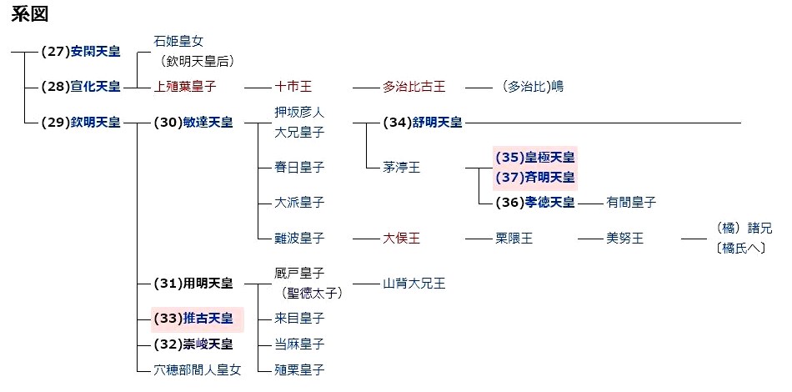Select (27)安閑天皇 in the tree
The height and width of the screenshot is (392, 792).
point(80,51)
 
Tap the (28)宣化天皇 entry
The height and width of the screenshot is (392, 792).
point(80,86)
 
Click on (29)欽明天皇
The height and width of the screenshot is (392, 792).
point(80,123)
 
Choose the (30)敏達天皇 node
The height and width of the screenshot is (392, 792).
point(193,123)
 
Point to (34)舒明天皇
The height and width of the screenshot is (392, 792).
point(423,123)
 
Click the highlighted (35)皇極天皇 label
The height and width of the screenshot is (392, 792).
point(535,157)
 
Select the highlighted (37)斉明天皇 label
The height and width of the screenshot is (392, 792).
point(535,177)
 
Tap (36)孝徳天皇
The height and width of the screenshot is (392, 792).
point(535,202)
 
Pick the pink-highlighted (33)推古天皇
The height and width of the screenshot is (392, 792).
point(193,318)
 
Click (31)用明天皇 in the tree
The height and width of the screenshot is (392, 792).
point(193,284)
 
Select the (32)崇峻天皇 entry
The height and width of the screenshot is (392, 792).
point(193,344)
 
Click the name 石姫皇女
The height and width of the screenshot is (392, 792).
point(178,41)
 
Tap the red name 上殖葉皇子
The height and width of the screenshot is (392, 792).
point(185,86)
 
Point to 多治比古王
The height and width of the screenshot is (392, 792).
point(414,86)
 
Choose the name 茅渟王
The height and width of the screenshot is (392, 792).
point(402,168)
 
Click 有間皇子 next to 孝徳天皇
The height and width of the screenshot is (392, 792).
point(631,202)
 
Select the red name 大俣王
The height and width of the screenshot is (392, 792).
point(402,239)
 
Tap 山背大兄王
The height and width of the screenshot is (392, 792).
point(414,284)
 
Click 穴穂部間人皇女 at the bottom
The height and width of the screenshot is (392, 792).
point(198,369)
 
